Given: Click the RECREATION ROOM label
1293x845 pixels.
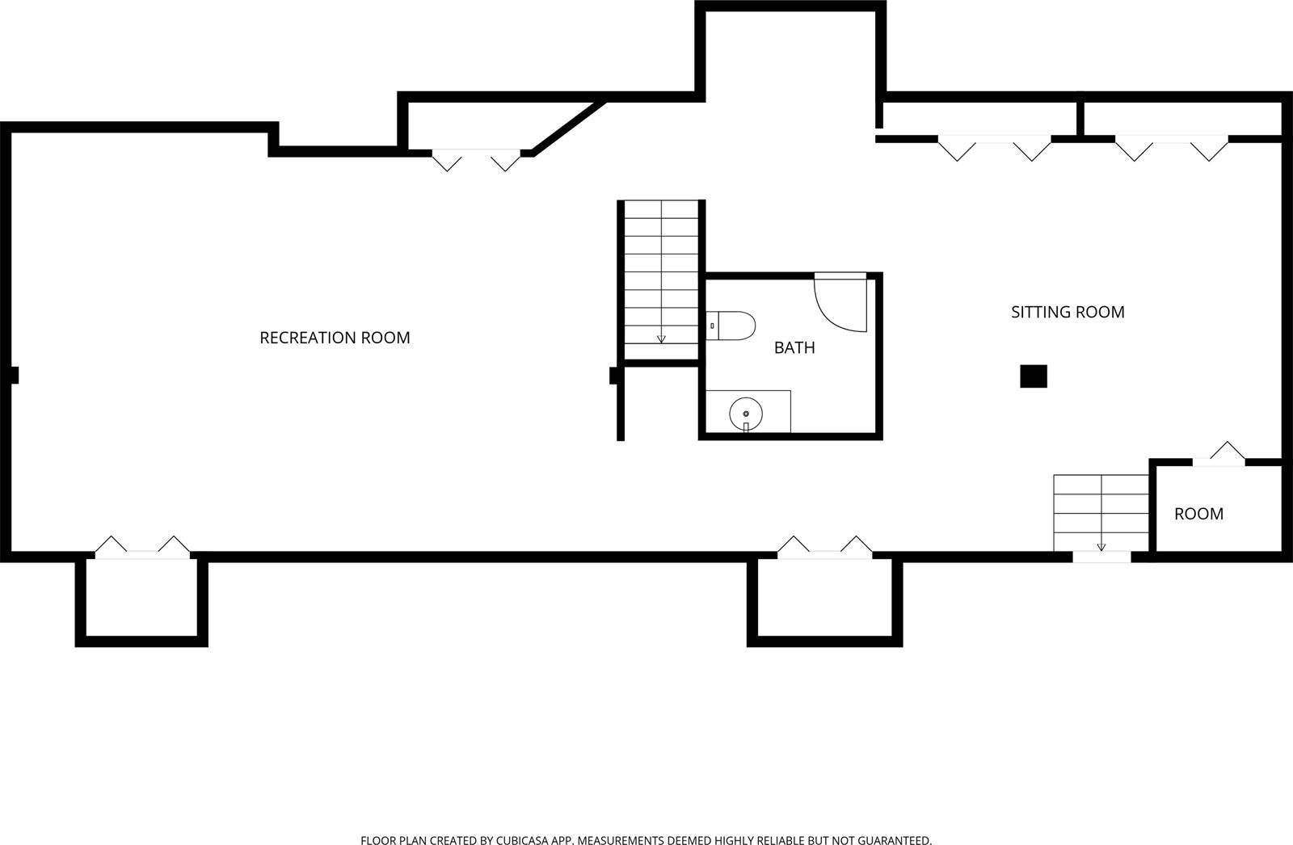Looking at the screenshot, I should point(335,338).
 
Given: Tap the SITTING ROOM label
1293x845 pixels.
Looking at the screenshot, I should point(1068,312).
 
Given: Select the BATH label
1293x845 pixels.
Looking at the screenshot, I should point(794,347).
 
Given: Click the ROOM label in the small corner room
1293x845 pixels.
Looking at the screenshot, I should point(1198,514).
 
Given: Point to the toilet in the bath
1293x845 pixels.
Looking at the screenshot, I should point(731,326).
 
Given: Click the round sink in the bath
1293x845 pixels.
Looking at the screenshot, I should point(746,414).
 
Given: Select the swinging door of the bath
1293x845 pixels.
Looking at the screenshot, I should point(840,304).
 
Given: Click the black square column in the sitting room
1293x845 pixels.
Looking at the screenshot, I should point(1034,376).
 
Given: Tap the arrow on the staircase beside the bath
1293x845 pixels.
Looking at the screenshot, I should point(661,338).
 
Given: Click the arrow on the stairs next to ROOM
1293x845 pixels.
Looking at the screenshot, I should point(1101,546).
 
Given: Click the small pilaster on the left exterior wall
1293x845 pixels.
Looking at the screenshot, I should point(14,375).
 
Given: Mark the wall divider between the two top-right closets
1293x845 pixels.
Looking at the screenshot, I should point(1080,118).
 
